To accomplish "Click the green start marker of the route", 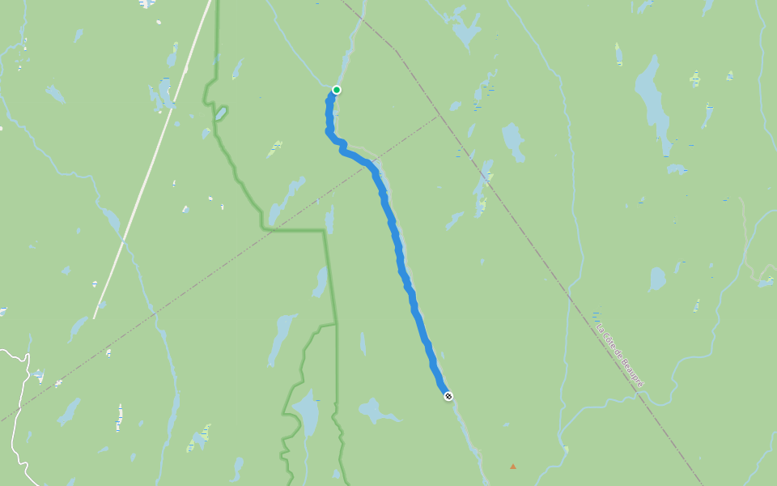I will click(337, 90).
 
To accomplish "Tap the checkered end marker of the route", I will click(448, 396).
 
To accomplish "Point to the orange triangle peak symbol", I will click(512, 467).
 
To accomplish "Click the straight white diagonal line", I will click(154, 162).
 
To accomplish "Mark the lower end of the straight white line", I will click(95, 317).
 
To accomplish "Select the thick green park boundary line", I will click(329, 275).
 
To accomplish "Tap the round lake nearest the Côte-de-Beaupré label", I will click(656, 279).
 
